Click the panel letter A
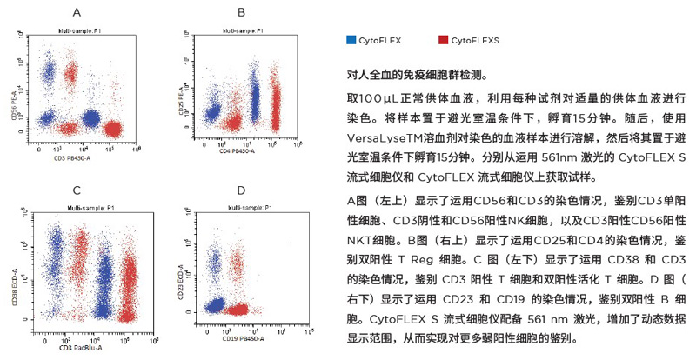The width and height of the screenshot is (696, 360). pyautogui.click(x=77, y=13)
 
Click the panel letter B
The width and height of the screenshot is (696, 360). pyautogui.click(x=241, y=13)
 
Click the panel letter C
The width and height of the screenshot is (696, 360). pyautogui.click(x=77, y=189)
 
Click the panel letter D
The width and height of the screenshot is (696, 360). pyautogui.click(x=241, y=189)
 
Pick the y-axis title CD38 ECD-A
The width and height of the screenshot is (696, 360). pyautogui.click(x=13, y=266)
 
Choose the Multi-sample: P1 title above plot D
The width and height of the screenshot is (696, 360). pyautogui.click(x=244, y=208)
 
